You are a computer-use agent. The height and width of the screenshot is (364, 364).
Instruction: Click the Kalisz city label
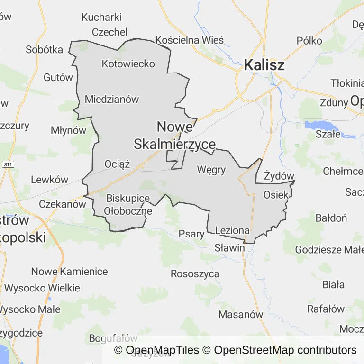264,65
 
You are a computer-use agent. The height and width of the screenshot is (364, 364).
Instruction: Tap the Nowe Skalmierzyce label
174,136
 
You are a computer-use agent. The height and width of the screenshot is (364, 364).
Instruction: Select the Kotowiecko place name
128,64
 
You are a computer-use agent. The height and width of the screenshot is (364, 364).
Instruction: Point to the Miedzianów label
112,99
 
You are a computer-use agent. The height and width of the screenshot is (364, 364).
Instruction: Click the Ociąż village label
117,164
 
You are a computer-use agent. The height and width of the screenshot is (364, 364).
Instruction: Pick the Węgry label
211,169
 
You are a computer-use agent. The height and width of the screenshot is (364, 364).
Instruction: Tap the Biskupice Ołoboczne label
128,205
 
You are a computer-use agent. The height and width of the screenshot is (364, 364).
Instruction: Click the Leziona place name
232,230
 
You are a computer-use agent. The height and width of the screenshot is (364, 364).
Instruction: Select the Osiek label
275,194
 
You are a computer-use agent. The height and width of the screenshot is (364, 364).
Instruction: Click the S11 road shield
8,164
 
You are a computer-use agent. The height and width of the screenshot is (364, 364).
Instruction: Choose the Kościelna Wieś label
189,40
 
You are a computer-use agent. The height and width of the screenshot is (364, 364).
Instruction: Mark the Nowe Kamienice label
69,272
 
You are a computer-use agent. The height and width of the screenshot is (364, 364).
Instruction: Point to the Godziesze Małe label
329,249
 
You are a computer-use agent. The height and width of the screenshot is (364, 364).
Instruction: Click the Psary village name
191,234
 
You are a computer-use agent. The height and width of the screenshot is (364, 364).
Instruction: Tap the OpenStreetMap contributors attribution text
285,350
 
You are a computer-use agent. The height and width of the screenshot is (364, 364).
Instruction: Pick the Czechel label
109,32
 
